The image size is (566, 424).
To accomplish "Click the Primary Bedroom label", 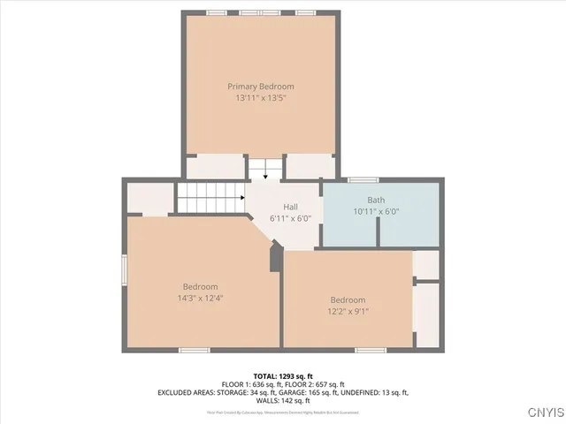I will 261,87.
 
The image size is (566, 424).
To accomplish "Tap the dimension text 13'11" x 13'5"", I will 261,98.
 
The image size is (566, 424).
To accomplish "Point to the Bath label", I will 377,200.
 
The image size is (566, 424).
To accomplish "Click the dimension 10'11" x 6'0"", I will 377,211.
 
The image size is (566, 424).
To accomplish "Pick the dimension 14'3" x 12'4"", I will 200,299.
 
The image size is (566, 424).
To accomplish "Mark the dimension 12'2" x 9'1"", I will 348,311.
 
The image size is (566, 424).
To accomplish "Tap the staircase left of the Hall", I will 210,198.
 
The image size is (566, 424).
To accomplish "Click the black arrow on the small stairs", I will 264,176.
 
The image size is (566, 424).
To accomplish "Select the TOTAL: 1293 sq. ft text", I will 282,376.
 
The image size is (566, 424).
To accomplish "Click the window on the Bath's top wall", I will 363,180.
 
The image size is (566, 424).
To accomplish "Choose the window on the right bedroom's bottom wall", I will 371,350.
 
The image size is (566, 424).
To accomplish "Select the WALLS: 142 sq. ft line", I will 283,400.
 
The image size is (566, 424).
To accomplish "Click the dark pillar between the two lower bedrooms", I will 277,258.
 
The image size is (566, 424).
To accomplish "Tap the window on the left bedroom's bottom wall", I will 194,350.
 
